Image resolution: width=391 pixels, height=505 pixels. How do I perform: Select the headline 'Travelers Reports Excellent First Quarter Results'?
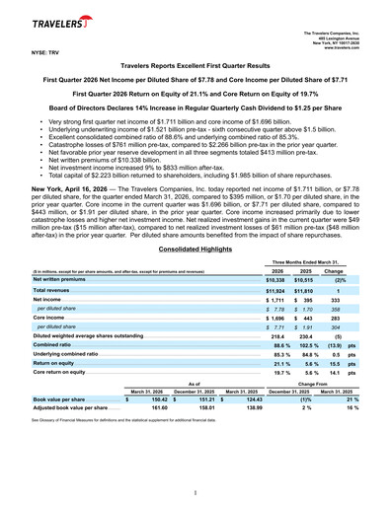pyautogui.click(x=195, y=63)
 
